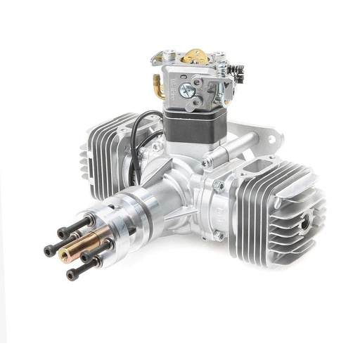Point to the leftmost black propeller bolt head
[47, 249]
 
